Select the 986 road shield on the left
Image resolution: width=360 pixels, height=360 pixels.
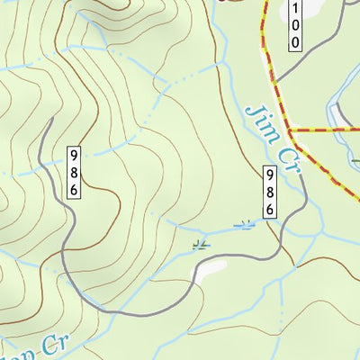pos(73,171)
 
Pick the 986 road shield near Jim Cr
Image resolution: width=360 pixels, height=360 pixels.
pos(269,190)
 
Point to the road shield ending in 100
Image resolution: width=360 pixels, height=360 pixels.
pos(294,25)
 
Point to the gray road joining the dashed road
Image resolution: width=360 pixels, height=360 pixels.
pos(274,85)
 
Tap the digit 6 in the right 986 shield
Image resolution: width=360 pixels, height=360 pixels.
pos(269,206)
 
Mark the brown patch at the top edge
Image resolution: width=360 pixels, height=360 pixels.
pos(232,2)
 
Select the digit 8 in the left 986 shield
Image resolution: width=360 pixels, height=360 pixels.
pos(73,171)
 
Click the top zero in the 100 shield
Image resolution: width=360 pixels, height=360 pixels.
pos(294,26)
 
